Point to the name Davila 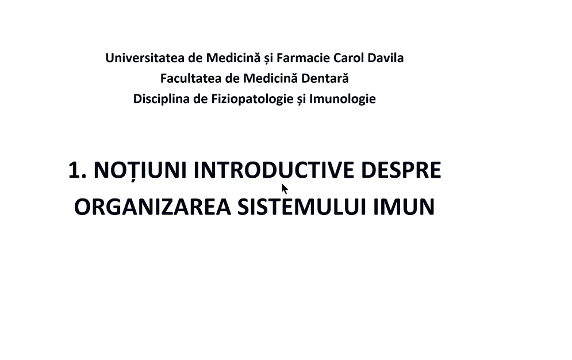click(386, 58)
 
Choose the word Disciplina click(161, 99)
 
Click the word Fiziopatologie click(252, 99)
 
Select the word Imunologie click(343, 99)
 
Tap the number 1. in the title click(78, 170)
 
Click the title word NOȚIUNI click(140, 171)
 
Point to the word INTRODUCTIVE click(274, 170)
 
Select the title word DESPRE click(401, 170)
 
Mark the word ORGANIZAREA click(152, 207)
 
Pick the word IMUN click(404, 207)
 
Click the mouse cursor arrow click(285, 189)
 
